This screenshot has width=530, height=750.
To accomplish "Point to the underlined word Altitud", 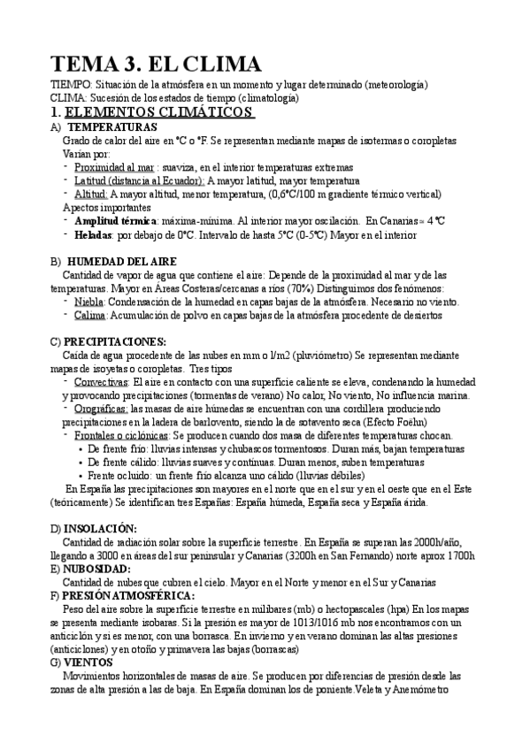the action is [91, 193].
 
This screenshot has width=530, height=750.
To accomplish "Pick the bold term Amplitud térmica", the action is [116, 220].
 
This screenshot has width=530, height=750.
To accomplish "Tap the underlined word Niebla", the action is [92, 302].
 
